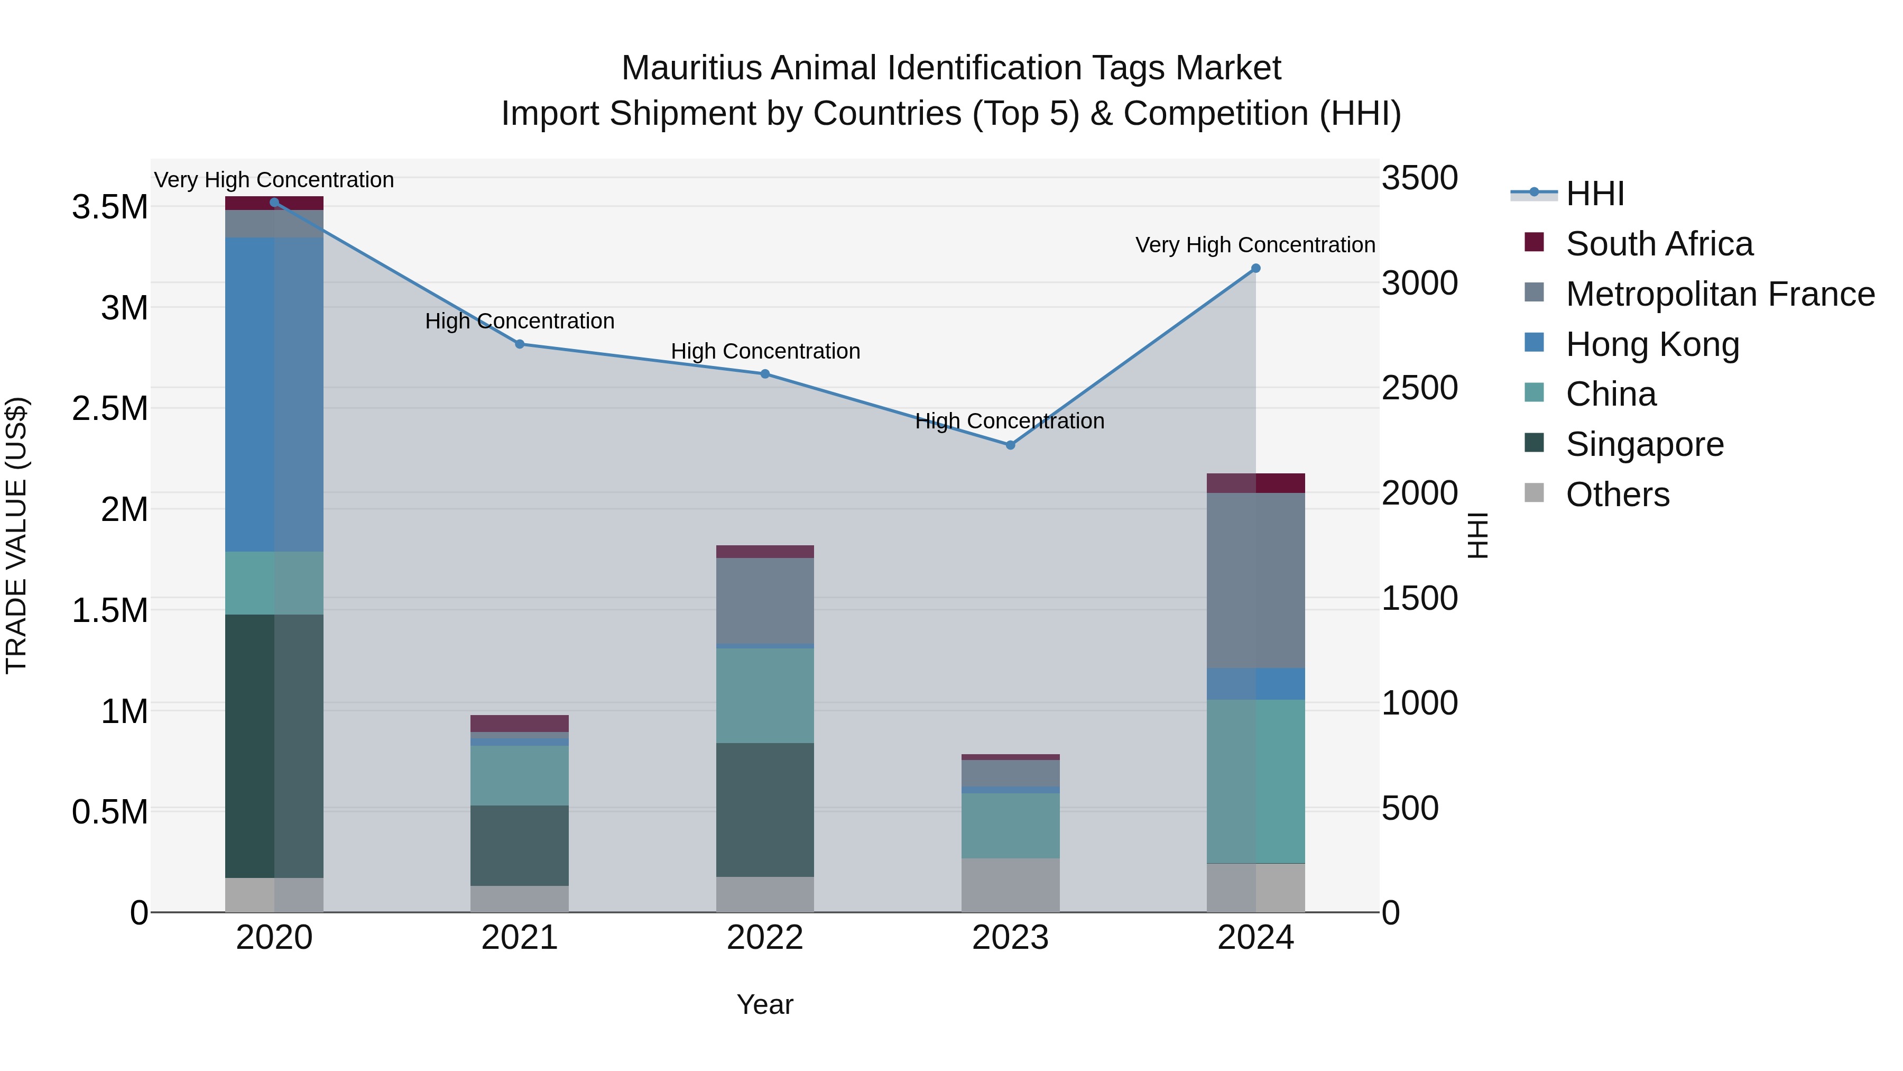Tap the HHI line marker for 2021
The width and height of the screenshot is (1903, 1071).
pyautogui.click(x=519, y=344)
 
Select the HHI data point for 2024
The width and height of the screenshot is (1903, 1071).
pyautogui.click(x=1255, y=268)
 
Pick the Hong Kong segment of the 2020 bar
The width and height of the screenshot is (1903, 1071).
pyautogui.click(x=274, y=394)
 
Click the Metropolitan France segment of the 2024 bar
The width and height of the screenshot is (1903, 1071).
pyautogui.click(x=1255, y=580)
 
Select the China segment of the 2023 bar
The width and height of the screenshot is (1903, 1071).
pyautogui.click(x=1010, y=826)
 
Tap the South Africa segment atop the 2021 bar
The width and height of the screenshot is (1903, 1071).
pyautogui.click(x=519, y=723)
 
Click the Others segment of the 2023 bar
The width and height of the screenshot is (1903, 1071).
pyautogui.click(x=1010, y=885)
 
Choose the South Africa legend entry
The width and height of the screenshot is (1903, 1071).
pyautogui.click(x=1658, y=244)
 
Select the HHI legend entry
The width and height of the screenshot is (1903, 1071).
pyautogui.click(x=1594, y=194)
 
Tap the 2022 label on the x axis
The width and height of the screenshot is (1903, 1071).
pyautogui.click(x=764, y=938)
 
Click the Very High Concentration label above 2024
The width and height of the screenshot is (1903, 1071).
pyautogui.click(x=1254, y=245)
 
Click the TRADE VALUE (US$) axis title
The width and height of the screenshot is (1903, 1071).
pyautogui.click(x=16, y=535)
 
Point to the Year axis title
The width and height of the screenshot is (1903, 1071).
pyautogui.click(x=764, y=1004)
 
